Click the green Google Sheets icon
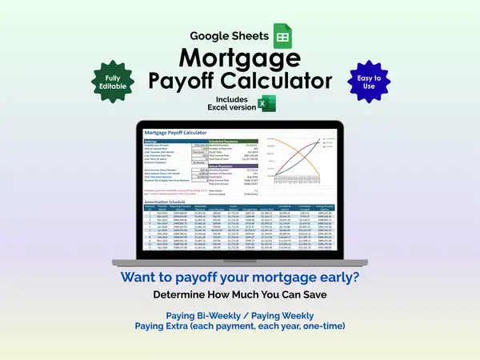point(283,35)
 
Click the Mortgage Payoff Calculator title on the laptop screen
point(175,132)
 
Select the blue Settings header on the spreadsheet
point(151,139)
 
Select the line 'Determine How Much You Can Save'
point(239,296)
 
